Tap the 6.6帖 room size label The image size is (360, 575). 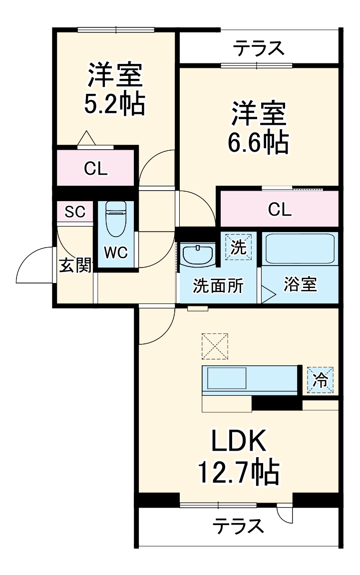click(x=258, y=143)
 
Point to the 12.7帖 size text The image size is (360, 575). click(x=239, y=472)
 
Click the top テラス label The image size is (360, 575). click(x=259, y=49)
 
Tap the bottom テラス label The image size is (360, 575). click(x=238, y=526)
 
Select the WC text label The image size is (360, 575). click(x=115, y=253)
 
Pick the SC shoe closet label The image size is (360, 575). click(x=75, y=212)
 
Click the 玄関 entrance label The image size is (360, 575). click(x=75, y=265)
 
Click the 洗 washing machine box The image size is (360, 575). click(x=239, y=247)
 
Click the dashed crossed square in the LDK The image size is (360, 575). click(x=215, y=346)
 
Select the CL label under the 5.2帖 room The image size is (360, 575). click(x=95, y=169)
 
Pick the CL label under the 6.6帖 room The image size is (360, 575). click(x=280, y=210)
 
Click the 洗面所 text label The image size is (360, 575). click(x=218, y=287)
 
